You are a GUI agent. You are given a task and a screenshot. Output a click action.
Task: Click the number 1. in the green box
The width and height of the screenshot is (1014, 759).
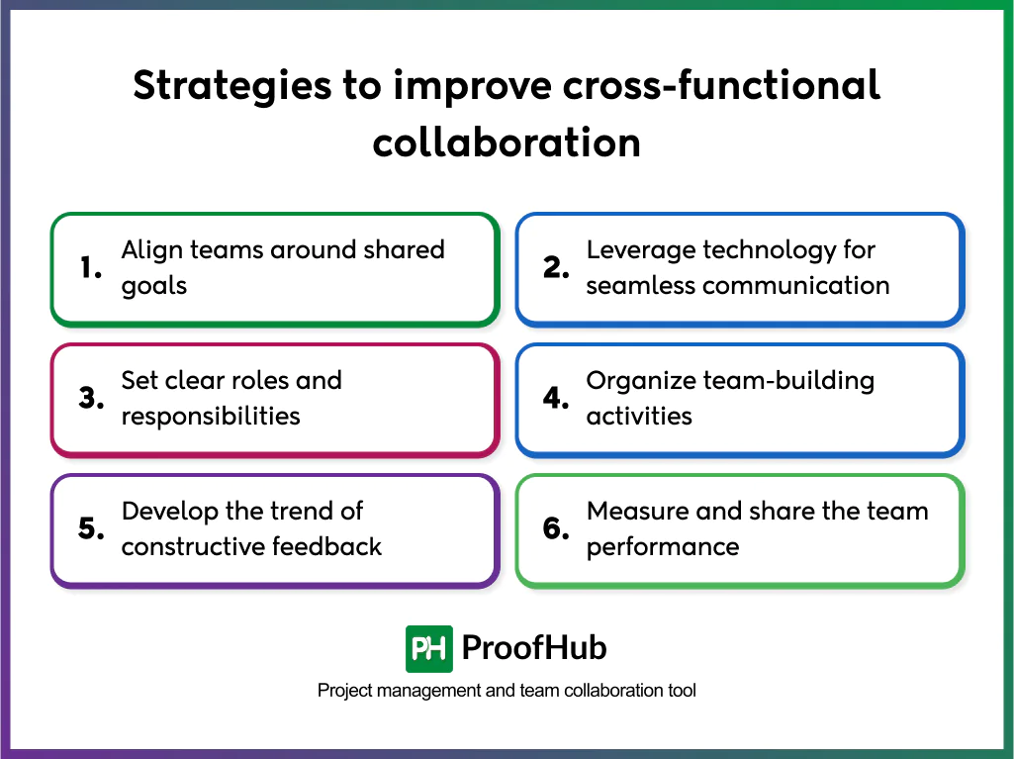pyautogui.click(x=91, y=268)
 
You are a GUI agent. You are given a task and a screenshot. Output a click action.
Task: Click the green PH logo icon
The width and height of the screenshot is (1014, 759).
pyautogui.click(x=429, y=649)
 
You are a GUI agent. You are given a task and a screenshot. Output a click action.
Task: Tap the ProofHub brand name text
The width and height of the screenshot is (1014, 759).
pyautogui.click(x=534, y=649)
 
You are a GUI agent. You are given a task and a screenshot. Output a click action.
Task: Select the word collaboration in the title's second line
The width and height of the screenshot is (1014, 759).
pyautogui.click(x=507, y=142)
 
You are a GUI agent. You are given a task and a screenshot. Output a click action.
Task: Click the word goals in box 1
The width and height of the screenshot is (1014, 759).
pyautogui.click(x=154, y=287)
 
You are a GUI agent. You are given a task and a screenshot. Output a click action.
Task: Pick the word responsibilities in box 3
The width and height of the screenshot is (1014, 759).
pyautogui.click(x=211, y=416)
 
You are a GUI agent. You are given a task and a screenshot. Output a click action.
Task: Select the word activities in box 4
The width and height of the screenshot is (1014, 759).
pyautogui.click(x=638, y=416)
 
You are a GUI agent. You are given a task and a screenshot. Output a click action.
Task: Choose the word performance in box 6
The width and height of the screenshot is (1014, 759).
pyautogui.click(x=663, y=546)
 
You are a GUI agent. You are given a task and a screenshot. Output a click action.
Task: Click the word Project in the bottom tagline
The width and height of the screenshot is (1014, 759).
pyautogui.click(x=342, y=691)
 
